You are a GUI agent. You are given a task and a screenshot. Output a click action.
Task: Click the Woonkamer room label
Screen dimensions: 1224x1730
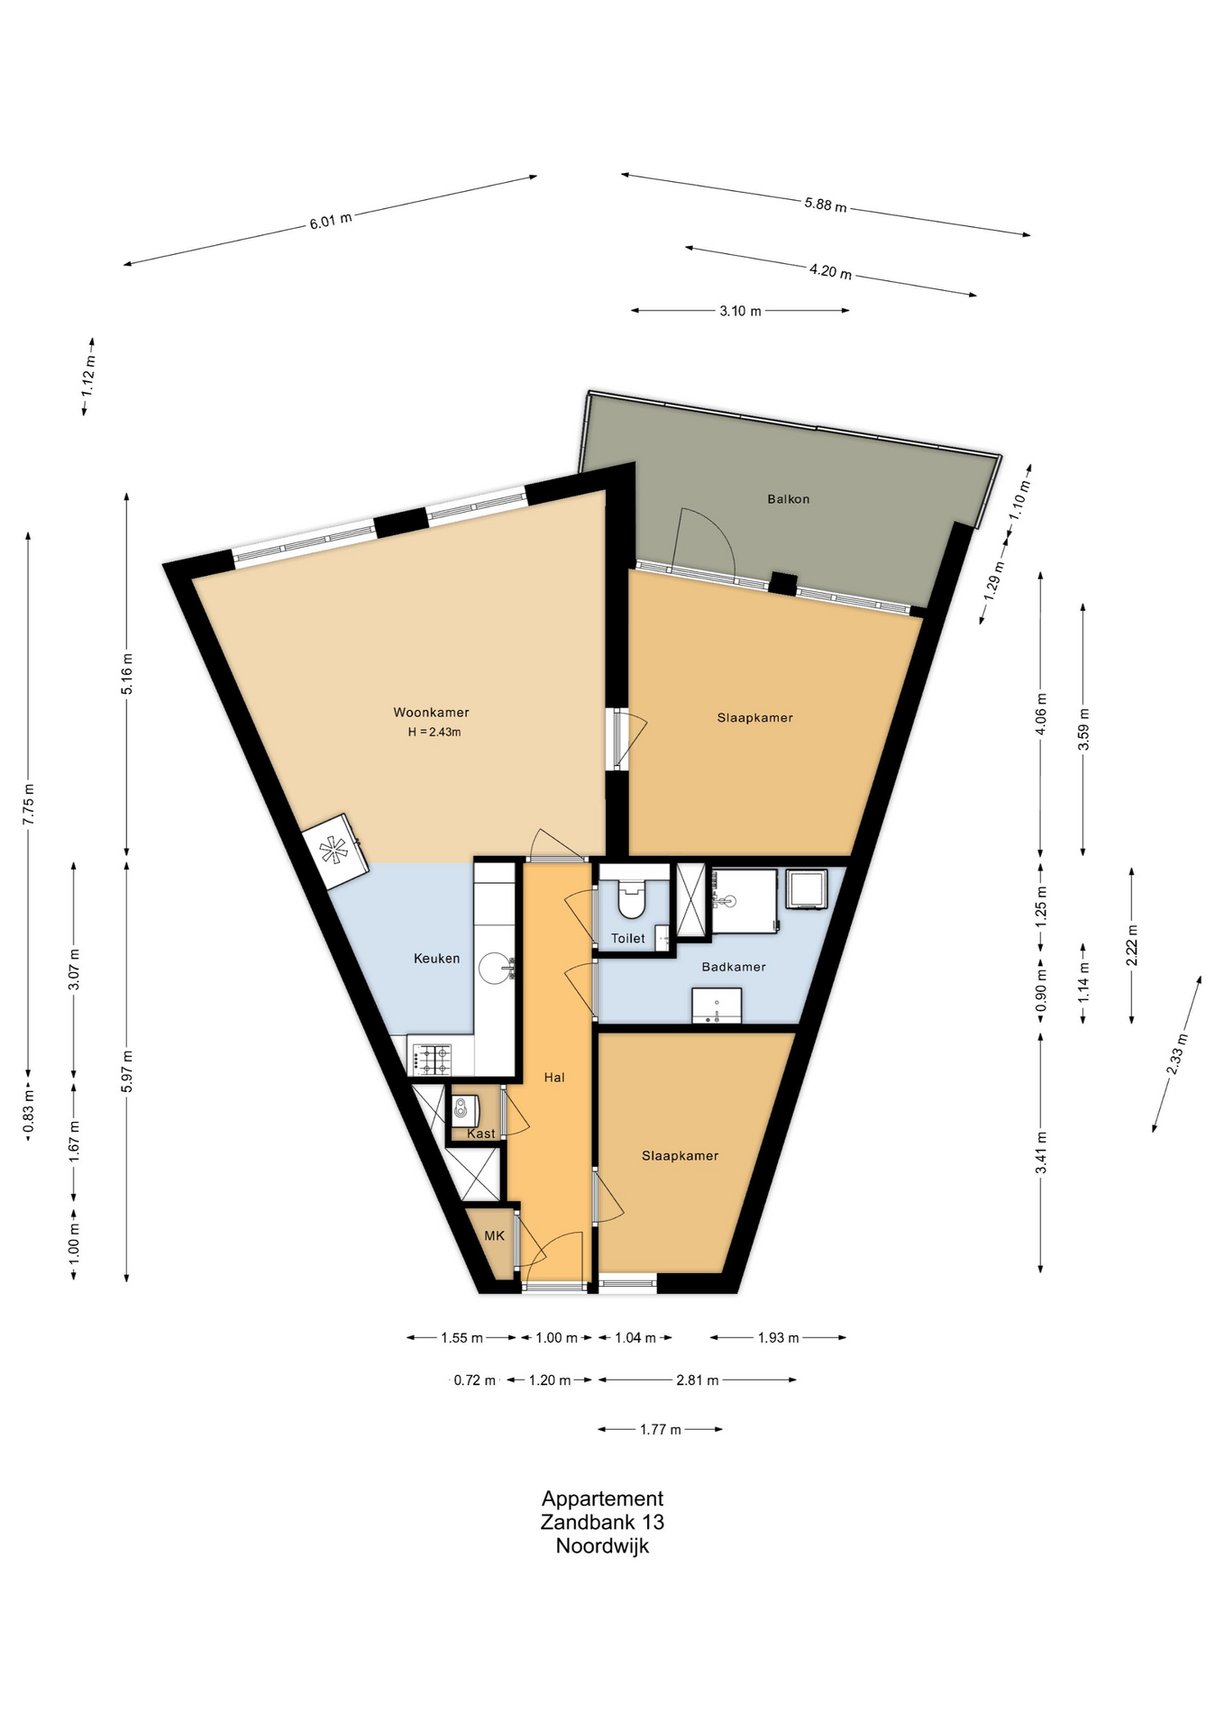(431, 712)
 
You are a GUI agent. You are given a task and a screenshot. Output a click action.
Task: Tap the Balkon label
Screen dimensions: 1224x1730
(789, 498)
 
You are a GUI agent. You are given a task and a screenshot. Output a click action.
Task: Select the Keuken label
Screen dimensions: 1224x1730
(437, 958)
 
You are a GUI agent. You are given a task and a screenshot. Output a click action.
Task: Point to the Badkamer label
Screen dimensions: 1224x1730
(734, 967)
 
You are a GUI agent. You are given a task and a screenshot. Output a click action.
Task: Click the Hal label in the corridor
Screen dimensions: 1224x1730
(554, 1077)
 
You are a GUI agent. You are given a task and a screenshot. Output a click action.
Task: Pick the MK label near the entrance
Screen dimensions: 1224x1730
(495, 1235)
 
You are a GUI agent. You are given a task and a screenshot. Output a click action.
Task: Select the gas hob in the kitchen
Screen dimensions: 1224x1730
(432, 1060)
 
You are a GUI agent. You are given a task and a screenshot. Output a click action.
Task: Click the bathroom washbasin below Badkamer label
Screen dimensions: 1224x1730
(717, 1006)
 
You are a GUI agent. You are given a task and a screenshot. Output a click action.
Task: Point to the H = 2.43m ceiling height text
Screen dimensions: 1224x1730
(434, 732)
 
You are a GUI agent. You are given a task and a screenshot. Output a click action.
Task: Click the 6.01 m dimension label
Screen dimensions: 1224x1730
(331, 220)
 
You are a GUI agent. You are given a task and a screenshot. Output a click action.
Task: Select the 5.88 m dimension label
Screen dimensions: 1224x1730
(826, 205)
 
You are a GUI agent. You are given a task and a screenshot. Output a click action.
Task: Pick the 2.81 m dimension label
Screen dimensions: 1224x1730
(698, 1379)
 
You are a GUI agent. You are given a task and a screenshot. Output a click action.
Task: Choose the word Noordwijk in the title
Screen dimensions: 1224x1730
(602, 1545)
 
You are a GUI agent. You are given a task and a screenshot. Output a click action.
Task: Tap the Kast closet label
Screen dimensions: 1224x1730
(481, 1134)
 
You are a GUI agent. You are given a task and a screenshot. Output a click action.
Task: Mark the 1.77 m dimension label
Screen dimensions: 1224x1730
(661, 1429)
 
